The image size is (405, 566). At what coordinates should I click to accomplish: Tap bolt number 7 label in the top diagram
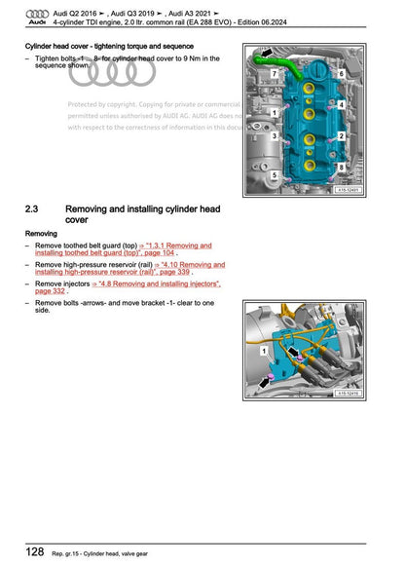tap(275, 74)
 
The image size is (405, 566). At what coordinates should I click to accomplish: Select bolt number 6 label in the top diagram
tap(342, 74)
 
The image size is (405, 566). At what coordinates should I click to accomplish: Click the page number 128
tap(35, 551)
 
